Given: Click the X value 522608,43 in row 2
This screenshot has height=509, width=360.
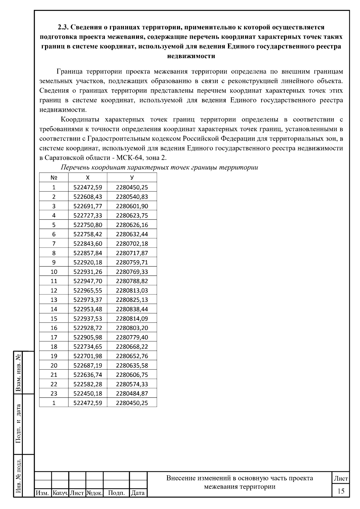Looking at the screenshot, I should tap(88, 197).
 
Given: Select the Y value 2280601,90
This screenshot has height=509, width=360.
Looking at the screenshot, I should tap(132, 206).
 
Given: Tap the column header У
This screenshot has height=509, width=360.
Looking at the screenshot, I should tap(132, 178).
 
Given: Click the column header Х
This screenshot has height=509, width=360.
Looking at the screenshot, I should tap(88, 178).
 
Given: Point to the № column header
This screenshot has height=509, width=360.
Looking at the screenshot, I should tap(54, 178).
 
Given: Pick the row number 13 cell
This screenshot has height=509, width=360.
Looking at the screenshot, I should tap(54, 300).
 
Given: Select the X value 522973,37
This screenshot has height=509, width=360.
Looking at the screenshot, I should tap(88, 300).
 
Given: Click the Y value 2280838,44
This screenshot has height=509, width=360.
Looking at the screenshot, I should tap(132, 309).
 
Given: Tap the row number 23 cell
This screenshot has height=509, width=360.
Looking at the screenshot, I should tap(54, 394).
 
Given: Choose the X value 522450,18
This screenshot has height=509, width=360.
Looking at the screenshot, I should tap(88, 394).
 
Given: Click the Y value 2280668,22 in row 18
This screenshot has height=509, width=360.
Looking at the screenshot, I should tap(132, 347).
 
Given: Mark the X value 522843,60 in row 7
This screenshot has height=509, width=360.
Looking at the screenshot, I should tap(88, 243).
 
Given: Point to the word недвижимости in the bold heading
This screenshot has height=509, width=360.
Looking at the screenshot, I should tap(191, 56).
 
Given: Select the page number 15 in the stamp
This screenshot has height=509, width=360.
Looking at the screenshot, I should tap(341, 491).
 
